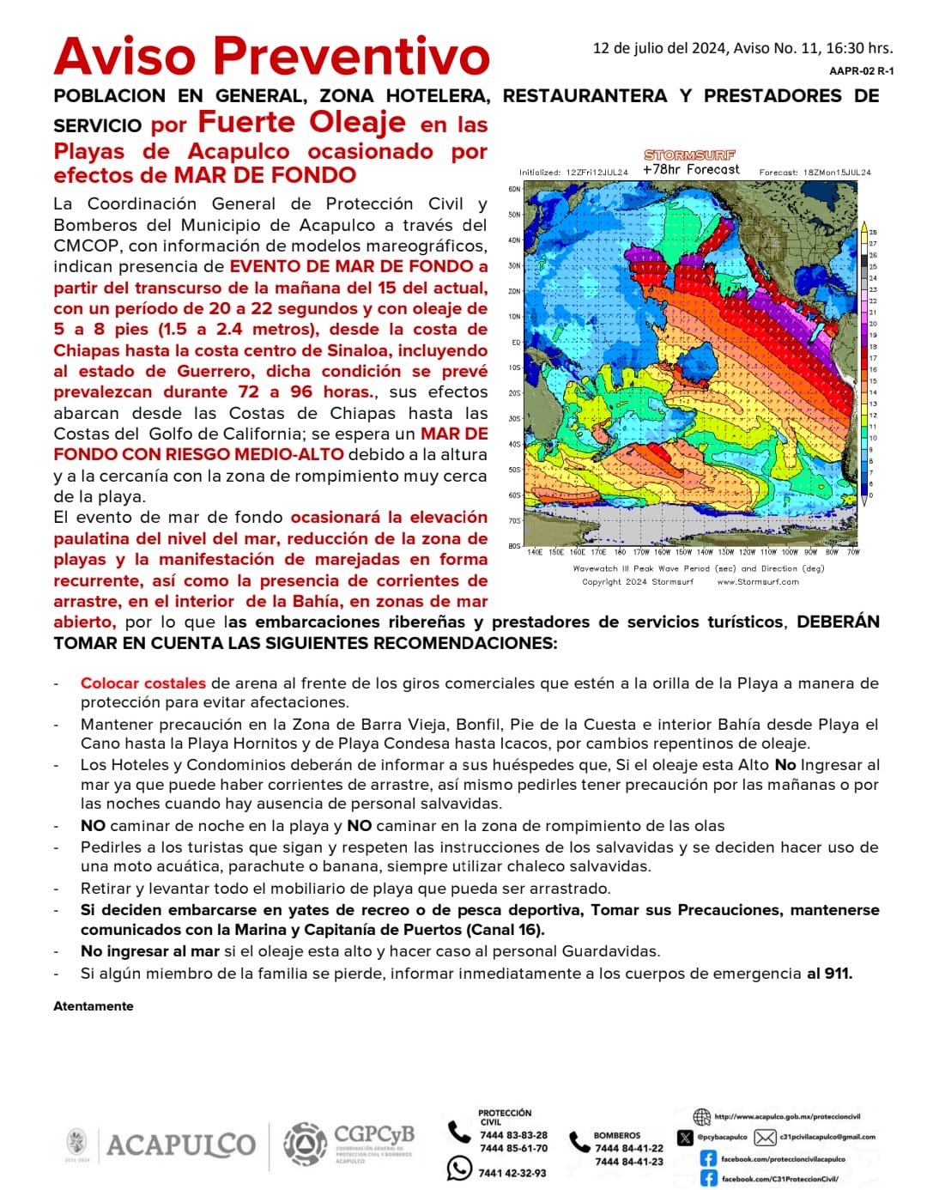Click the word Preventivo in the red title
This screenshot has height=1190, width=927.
tap(351, 57)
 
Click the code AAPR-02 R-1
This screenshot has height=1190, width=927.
tap(861, 71)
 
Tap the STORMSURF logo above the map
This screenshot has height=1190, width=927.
tap(689, 155)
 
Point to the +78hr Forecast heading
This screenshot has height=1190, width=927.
tap(690, 170)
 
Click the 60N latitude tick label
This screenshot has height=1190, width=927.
tap(514, 189)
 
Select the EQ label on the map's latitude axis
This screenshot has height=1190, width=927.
tap(516, 342)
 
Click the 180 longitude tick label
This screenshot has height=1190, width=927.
tap(620, 552)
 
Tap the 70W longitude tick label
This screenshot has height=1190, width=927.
tap(852, 552)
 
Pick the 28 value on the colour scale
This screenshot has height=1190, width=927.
tap(873, 233)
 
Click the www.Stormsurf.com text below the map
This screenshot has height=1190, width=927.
tap(757, 581)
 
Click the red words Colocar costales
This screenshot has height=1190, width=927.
tap(142, 683)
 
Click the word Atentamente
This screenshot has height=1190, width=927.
tap(93, 1006)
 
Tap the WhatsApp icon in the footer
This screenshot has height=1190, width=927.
tap(459, 1169)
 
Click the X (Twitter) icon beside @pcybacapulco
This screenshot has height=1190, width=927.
tap(684, 1138)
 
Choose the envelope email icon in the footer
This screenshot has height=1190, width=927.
tap(765, 1138)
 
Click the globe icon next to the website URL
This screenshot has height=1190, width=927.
tap(702, 1117)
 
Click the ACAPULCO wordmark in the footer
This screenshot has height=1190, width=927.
tap(180, 1144)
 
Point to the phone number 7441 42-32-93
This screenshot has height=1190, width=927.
tap(512, 1173)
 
